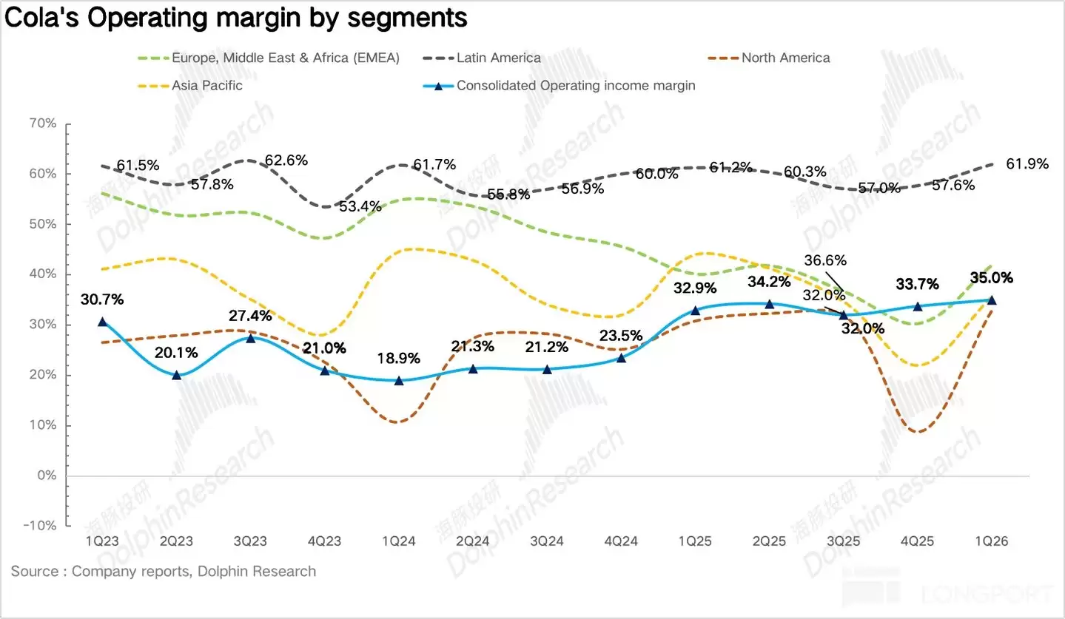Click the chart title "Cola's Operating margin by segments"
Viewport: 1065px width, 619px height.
[x=236, y=17]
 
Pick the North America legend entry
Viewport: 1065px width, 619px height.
[x=785, y=58]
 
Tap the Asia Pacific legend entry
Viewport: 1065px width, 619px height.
[x=206, y=85]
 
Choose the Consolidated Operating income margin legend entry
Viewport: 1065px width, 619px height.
[x=575, y=85]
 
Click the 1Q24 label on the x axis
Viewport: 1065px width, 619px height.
[x=399, y=541]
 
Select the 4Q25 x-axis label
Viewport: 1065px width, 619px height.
[x=918, y=541]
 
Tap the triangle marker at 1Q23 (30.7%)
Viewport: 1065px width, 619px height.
[x=103, y=322]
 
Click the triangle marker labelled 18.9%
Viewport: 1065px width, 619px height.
[x=399, y=381]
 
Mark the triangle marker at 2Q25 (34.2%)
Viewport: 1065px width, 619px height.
[x=770, y=304]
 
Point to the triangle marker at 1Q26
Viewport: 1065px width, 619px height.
[x=992, y=300]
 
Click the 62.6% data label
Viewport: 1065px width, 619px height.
[x=286, y=160]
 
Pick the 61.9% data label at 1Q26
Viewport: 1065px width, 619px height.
[x=1027, y=164]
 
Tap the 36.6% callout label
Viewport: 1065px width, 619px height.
[x=827, y=260]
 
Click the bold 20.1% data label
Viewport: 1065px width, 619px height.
[x=176, y=353]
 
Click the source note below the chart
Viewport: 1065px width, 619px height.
[x=164, y=572]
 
